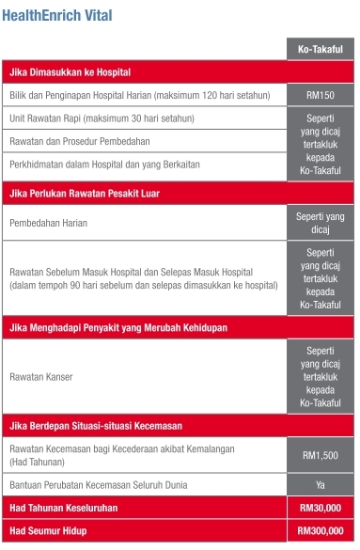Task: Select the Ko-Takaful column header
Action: (321, 50)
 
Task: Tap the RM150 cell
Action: (321, 96)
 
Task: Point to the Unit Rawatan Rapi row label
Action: (102, 118)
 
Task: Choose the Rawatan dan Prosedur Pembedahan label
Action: (87, 141)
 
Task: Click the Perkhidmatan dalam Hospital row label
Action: (104, 164)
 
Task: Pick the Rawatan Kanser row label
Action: (40, 376)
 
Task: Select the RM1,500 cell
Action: (321, 455)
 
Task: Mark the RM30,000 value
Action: (321, 508)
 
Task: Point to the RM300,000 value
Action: (321, 531)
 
